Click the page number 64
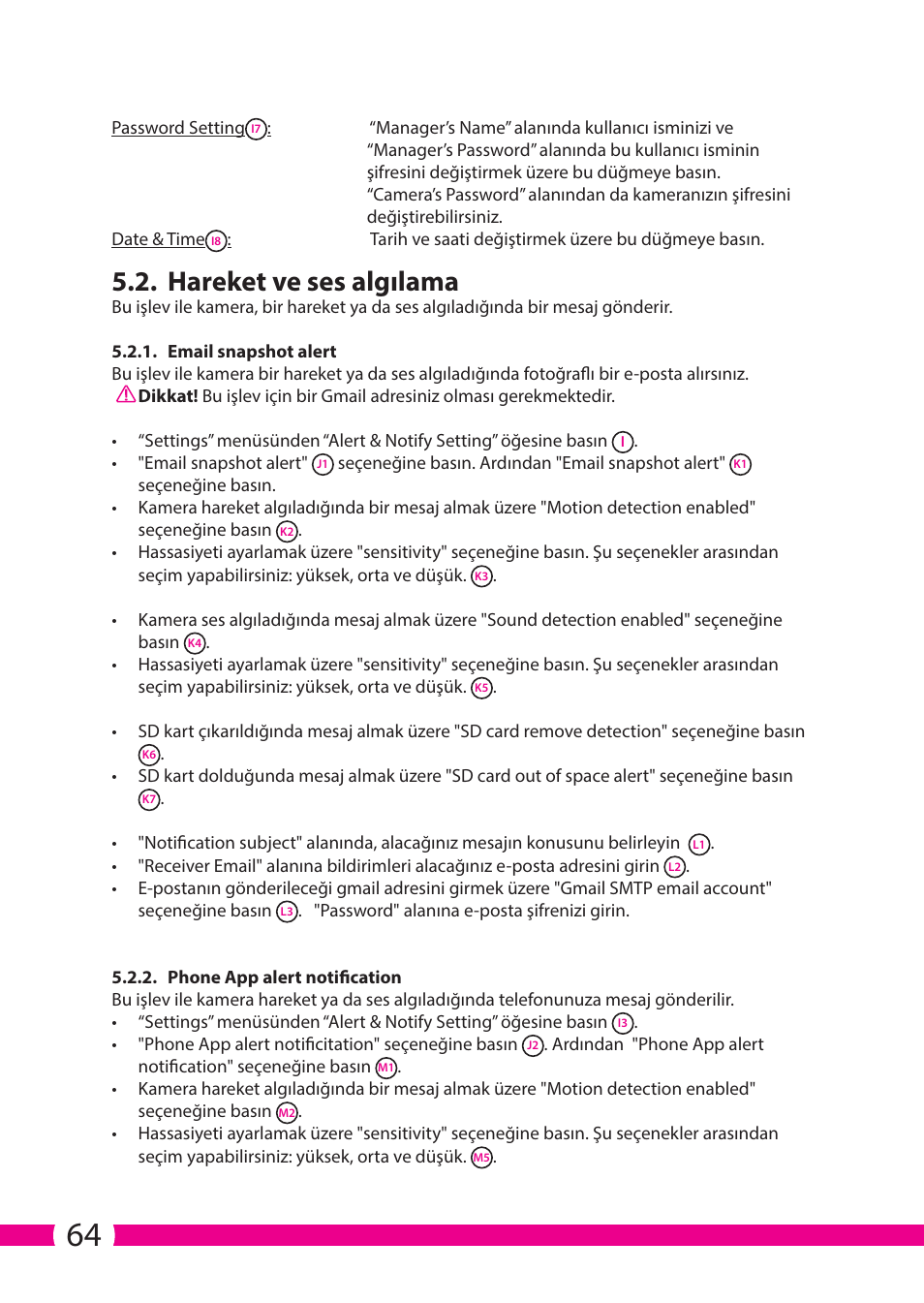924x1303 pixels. click(x=83, y=1235)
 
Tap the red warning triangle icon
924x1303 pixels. click(x=125, y=395)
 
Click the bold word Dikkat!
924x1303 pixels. click(x=168, y=396)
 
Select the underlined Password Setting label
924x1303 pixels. click(x=178, y=128)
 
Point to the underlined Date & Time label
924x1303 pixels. click(x=158, y=239)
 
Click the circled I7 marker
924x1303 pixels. click(x=256, y=129)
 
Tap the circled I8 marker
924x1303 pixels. click(x=216, y=240)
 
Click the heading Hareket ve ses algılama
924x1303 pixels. click(x=313, y=282)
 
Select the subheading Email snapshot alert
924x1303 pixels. click(x=252, y=352)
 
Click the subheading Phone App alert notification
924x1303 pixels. click(x=284, y=977)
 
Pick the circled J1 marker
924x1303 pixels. click(x=323, y=464)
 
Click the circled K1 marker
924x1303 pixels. click(x=740, y=464)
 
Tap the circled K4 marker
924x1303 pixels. click(x=195, y=643)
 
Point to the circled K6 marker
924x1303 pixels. click(x=148, y=755)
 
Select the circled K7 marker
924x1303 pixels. click(x=148, y=799)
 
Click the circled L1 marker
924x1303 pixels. click(x=698, y=844)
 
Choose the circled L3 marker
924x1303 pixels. click(x=287, y=912)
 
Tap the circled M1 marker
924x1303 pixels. click(x=385, y=1068)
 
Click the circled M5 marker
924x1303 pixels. click(x=481, y=1158)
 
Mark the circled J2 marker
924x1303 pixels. click(x=533, y=1045)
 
